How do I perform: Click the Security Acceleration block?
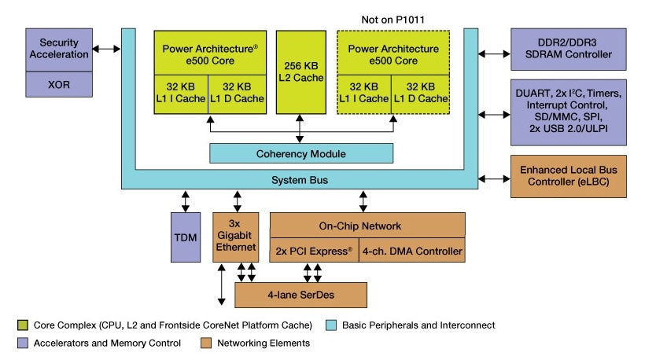coord(59,49)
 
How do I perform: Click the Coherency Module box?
coord(300,153)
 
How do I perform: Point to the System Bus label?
coord(300,180)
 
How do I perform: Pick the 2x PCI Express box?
coord(313,252)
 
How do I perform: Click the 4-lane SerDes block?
coord(301,295)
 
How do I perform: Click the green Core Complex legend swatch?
coord(20,325)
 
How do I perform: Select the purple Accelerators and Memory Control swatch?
coord(20,343)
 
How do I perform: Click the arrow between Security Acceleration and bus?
coord(106,49)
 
